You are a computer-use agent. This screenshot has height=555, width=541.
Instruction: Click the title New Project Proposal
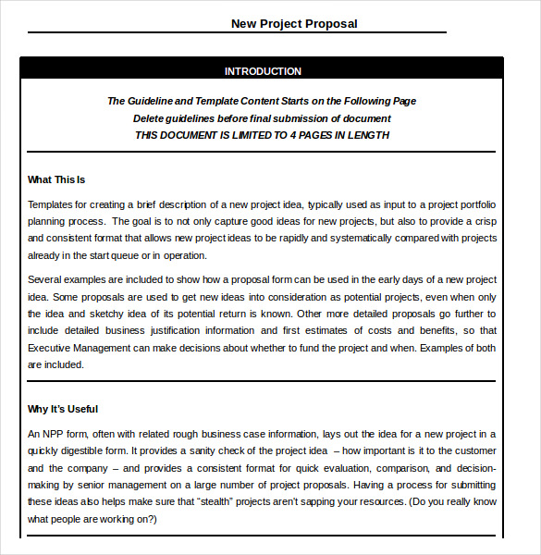click(x=294, y=24)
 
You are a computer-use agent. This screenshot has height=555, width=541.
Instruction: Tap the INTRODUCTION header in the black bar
click(x=263, y=71)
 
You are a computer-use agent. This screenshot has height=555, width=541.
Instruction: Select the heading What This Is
click(x=56, y=179)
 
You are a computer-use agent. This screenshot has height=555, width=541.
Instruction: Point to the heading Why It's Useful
click(x=63, y=409)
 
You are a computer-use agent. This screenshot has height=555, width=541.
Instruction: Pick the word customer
click(x=473, y=450)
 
